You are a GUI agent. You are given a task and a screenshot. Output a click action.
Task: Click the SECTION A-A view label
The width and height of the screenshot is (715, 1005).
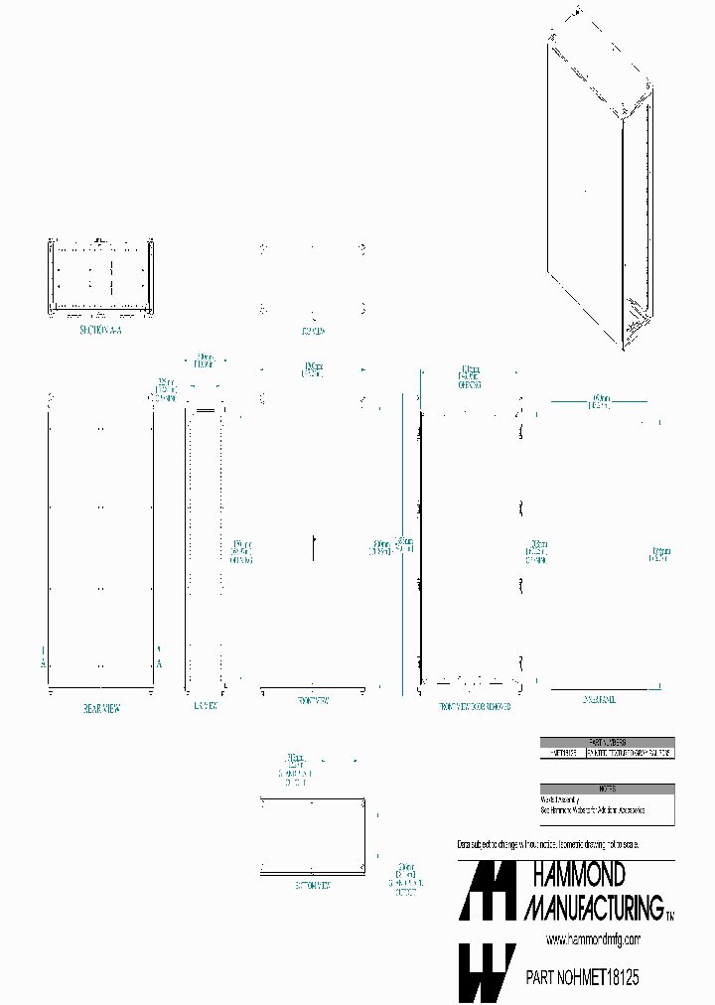coord(99,330)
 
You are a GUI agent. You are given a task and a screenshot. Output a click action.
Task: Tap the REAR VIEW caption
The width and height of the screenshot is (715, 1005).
coord(101,709)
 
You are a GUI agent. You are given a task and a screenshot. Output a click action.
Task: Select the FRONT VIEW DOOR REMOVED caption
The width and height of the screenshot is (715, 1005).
coord(475,705)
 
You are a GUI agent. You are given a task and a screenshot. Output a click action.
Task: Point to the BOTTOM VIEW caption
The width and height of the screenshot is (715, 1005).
coord(313,884)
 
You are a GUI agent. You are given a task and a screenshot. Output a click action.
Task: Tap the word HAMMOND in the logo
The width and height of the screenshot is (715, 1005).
coord(579,875)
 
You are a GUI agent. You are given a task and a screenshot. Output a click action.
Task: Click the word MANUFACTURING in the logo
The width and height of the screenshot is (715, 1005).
coord(593,907)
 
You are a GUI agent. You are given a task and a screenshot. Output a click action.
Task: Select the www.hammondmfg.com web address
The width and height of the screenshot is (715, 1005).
coord(593,939)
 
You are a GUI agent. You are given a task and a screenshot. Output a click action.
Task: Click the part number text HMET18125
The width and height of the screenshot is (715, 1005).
coord(603,978)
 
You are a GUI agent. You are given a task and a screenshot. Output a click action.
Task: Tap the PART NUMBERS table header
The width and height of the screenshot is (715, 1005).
coord(607,742)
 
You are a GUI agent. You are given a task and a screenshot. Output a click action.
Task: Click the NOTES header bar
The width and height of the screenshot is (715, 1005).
coord(607,789)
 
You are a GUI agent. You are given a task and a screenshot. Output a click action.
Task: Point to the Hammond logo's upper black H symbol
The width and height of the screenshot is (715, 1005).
coord(487,890)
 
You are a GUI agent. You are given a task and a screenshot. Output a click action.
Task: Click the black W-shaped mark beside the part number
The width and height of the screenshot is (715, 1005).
coord(487,972)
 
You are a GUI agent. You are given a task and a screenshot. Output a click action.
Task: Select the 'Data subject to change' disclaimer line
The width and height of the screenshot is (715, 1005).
coord(547,844)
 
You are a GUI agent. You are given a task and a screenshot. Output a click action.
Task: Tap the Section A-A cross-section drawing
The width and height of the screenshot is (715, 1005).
coord(99,278)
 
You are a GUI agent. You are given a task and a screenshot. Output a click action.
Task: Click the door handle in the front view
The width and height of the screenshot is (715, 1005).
coord(313,547)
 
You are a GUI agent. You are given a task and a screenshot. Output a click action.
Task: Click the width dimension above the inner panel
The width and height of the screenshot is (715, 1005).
coord(599,401)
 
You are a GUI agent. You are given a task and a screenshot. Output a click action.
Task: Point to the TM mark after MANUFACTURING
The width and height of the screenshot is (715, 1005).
coord(669,914)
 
